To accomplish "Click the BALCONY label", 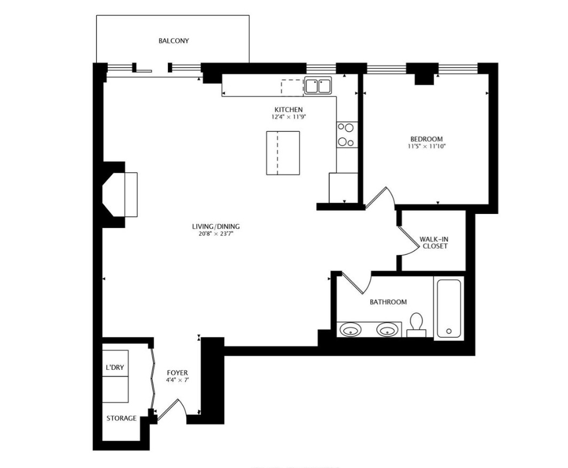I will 174,41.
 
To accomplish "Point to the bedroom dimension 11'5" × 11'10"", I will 426,146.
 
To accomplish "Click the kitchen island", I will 283,153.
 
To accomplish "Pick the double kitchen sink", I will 318,86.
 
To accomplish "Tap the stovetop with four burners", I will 346,135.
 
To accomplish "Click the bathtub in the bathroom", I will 449,308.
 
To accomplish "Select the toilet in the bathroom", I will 416,324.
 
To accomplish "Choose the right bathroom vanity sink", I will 387,330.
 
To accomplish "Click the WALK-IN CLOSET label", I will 433,243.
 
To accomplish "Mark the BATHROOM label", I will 388,302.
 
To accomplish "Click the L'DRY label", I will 115,369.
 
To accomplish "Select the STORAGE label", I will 121,418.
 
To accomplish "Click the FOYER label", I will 177,372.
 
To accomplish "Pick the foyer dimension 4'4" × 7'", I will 177,380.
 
